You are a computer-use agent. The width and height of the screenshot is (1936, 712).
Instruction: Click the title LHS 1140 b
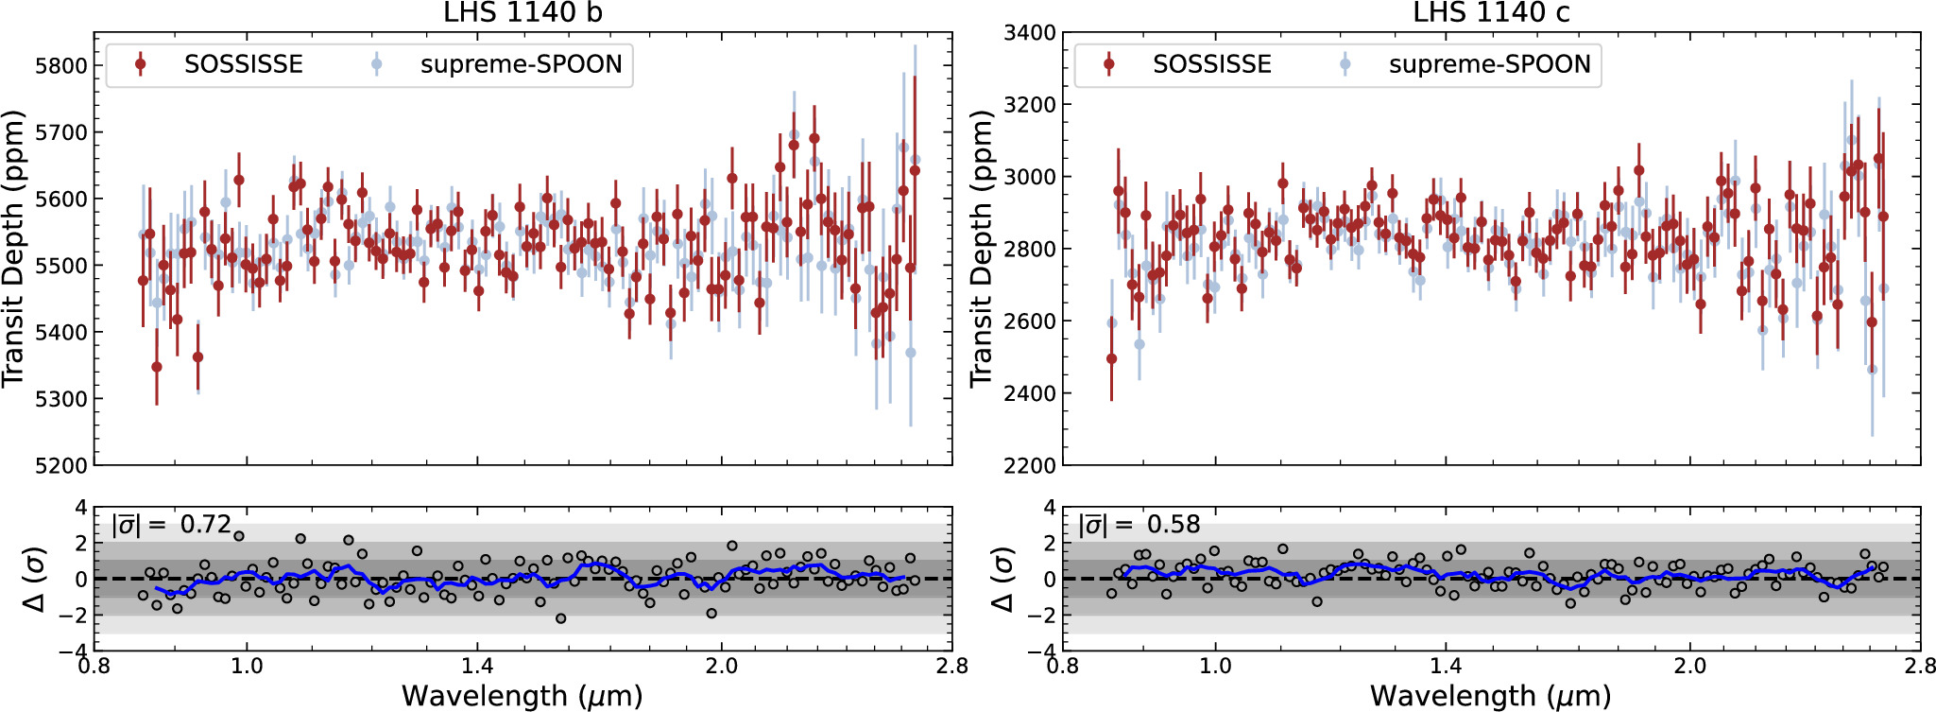point(523,12)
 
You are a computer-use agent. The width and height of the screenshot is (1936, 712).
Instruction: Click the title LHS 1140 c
point(1491,12)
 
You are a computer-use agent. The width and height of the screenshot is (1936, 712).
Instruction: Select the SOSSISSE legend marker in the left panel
point(141,64)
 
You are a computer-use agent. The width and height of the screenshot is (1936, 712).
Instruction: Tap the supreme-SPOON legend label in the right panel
point(1489,64)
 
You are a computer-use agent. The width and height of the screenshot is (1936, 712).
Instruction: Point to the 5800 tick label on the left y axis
point(60,66)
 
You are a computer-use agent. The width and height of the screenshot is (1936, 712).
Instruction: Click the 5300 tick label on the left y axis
point(60,399)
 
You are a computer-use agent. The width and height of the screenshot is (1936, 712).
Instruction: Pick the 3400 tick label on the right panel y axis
point(1030,33)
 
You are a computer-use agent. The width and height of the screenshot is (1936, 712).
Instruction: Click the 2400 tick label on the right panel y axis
point(1030,393)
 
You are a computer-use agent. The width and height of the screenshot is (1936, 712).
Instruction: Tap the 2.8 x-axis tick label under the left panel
point(951,667)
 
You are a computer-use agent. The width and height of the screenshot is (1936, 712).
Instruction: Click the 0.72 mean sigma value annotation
point(205,524)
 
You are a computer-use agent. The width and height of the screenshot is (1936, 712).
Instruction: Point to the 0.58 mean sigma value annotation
point(1173,524)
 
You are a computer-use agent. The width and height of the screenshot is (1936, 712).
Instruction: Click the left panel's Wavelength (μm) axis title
point(522,696)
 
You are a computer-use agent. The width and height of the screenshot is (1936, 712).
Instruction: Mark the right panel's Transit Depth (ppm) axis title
point(982,248)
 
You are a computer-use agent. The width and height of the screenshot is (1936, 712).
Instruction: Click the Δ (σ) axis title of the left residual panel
point(36,579)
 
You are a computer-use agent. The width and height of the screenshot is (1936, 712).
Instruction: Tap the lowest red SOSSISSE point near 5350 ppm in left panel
point(157,367)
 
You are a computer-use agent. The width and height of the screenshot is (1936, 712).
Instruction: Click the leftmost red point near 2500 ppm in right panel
point(1111,358)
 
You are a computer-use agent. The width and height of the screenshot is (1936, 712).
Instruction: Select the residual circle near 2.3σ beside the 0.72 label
point(239,536)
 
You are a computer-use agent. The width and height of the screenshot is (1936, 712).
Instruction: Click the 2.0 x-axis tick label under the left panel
point(721,667)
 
